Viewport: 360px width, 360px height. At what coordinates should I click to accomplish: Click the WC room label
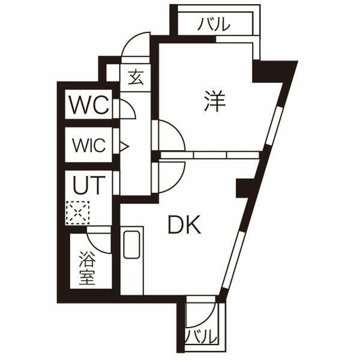(x=89, y=106)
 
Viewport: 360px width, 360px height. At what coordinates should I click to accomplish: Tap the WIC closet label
(x=89, y=145)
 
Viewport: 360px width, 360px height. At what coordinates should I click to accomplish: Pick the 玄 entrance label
(x=136, y=77)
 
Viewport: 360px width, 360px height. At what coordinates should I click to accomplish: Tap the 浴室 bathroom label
(x=88, y=271)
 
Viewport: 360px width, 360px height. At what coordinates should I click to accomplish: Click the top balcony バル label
(x=214, y=25)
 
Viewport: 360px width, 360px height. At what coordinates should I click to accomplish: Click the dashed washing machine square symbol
(x=77, y=212)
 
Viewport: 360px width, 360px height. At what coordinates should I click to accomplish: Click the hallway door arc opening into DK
(x=170, y=177)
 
